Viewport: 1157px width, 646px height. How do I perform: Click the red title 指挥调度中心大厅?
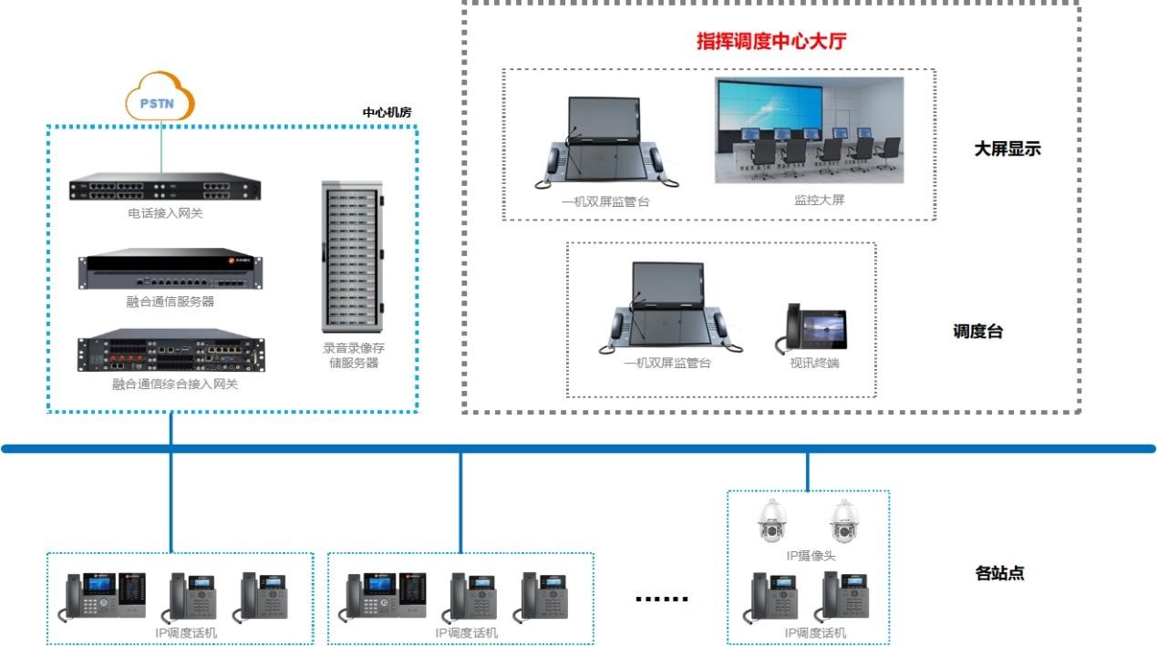tap(773, 41)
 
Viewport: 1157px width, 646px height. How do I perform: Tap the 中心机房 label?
tap(387, 112)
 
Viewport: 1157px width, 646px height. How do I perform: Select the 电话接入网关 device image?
tap(165, 189)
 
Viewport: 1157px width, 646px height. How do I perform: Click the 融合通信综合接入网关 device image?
tap(170, 351)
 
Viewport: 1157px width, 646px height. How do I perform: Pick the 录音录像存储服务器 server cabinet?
tap(351, 257)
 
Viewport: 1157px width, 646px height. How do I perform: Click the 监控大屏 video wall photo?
tap(809, 130)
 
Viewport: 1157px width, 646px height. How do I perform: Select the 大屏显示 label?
tap(1007, 149)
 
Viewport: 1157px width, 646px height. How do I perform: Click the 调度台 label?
tap(977, 332)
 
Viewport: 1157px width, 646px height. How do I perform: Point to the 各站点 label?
tap(999, 573)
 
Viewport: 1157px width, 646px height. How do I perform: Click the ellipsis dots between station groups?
tap(662, 599)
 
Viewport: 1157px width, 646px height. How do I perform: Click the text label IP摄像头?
tap(811, 556)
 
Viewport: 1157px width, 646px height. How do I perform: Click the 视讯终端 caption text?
tap(814, 363)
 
